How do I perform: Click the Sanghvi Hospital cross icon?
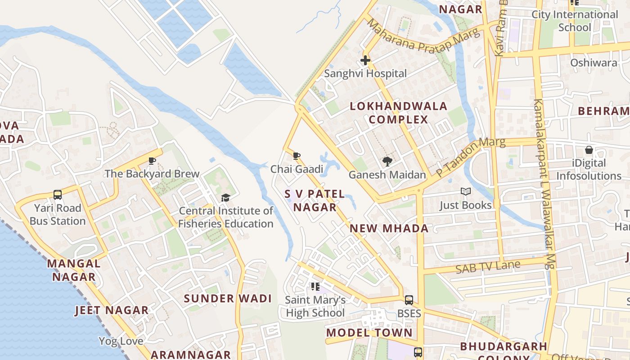[x=365, y=60]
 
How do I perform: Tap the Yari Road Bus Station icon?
[x=58, y=194]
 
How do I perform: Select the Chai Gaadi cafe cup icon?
[x=297, y=156]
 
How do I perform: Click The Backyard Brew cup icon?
[x=152, y=161]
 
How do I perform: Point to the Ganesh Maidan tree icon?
[x=387, y=162]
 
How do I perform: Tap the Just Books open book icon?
[x=465, y=192]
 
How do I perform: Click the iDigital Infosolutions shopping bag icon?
[x=589, y=150]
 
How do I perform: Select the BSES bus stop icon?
[x=409, y=300]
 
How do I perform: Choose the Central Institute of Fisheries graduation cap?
[x=225, y=198]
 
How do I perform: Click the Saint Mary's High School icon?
[x=315, y=287]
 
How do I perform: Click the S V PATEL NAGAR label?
[x=315, y=201]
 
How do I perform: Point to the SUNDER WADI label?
[x=228, y=298]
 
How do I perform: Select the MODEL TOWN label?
[x=369, y=333]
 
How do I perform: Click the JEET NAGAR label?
[x=112, y=310]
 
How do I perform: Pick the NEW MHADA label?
[x=389, y=228]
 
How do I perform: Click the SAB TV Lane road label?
[x=488, y=267]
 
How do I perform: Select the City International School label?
[x=575, y=21]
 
